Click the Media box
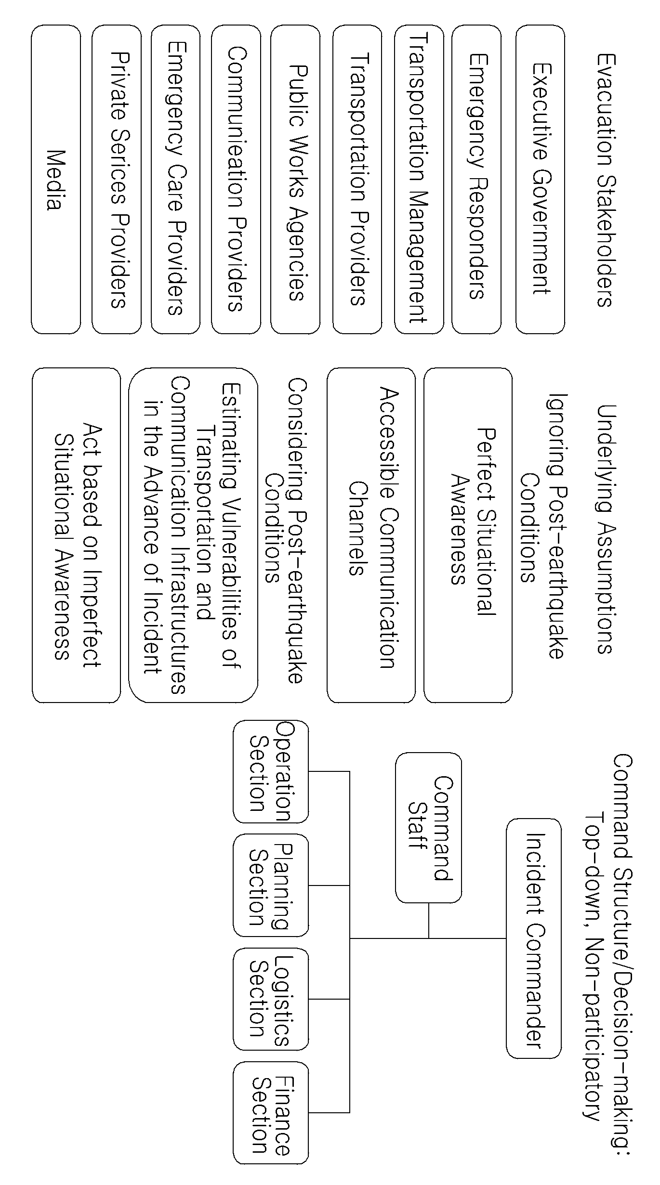[56, 180]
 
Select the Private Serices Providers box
[117, 180]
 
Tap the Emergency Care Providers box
[175, 180]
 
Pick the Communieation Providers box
[236, 180]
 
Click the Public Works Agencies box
[295, 180]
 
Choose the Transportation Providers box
[357, 180]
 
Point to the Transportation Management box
[419, 180]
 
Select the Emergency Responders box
[476, 180]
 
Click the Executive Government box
[541, 180]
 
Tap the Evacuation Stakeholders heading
[604, 180]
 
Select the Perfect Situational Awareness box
[468, 535]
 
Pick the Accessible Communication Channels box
[371, 535]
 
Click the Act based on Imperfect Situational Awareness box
[76, 535]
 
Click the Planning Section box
[271, 885]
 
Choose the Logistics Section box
[271, 999]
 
